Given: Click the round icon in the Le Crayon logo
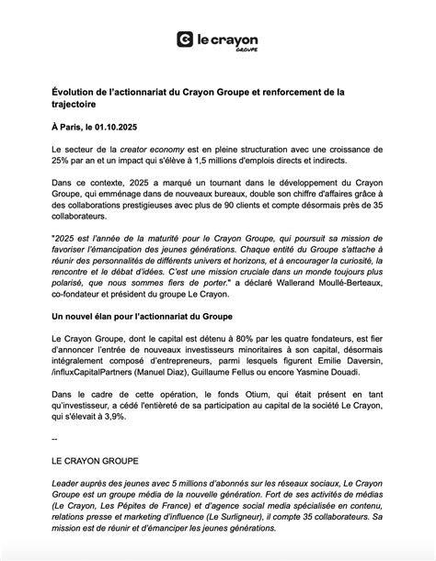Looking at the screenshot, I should [x=186, y=39].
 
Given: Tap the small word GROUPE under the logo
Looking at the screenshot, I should [x=247, y=50].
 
